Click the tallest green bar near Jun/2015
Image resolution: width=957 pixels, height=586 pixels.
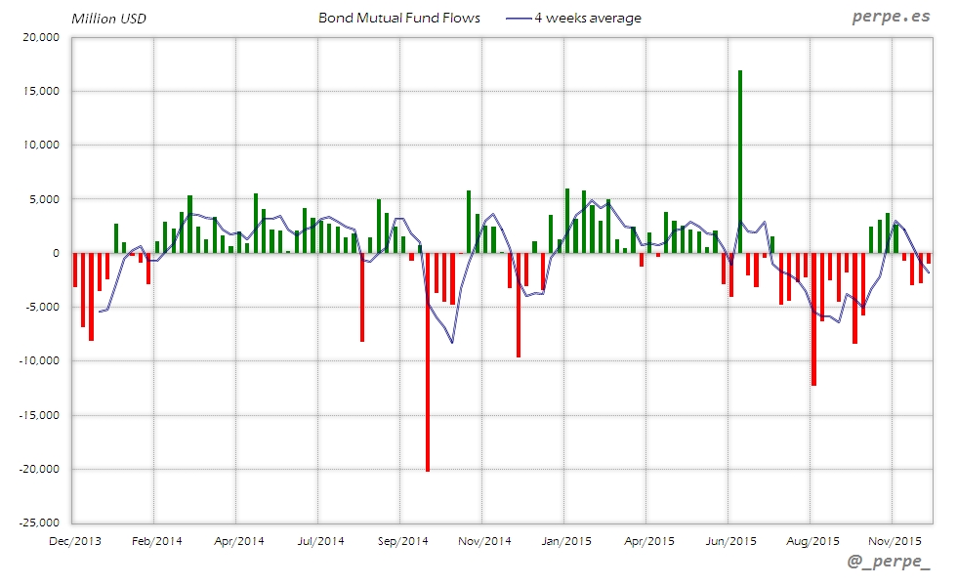coord(740,161)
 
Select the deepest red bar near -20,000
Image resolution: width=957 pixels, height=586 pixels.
coord(428,361)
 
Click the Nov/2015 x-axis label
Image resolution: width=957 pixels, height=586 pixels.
coord(895,540)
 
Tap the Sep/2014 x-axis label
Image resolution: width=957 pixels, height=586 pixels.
coord(402,540)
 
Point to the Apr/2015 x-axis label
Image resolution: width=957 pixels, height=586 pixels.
coord(648,540)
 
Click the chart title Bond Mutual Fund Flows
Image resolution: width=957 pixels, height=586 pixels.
coord(399,18)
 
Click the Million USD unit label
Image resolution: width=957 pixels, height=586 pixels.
coord(108,18)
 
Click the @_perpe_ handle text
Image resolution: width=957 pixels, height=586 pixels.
coord(889,563)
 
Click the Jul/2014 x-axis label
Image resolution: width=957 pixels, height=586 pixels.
coord(320,540)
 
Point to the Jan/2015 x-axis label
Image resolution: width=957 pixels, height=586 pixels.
coord(566,540)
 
